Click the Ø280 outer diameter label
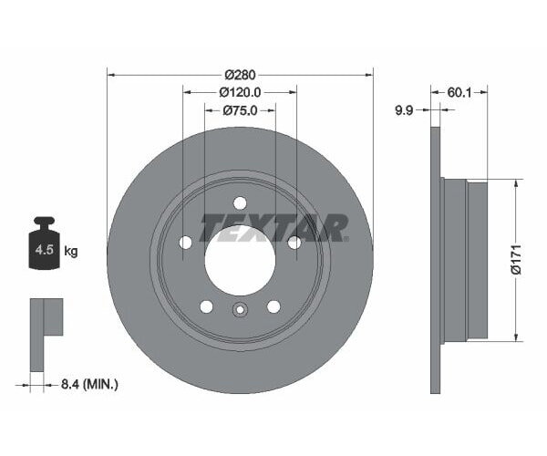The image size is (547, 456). tap(240, 74)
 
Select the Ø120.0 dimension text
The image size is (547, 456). tap(240, 92)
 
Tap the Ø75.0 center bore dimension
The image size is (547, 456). tap(240, 110)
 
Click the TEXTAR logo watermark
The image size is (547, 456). tap(273, 227)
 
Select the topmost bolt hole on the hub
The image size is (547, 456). tap(240, 203)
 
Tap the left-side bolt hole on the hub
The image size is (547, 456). tap(186, 243)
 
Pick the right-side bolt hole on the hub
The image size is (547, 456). tap(294, 243)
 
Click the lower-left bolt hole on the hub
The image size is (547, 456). tap(206, 306)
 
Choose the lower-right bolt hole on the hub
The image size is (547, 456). tap(273, 306)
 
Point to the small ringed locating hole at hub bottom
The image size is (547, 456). tap(240, 309)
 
